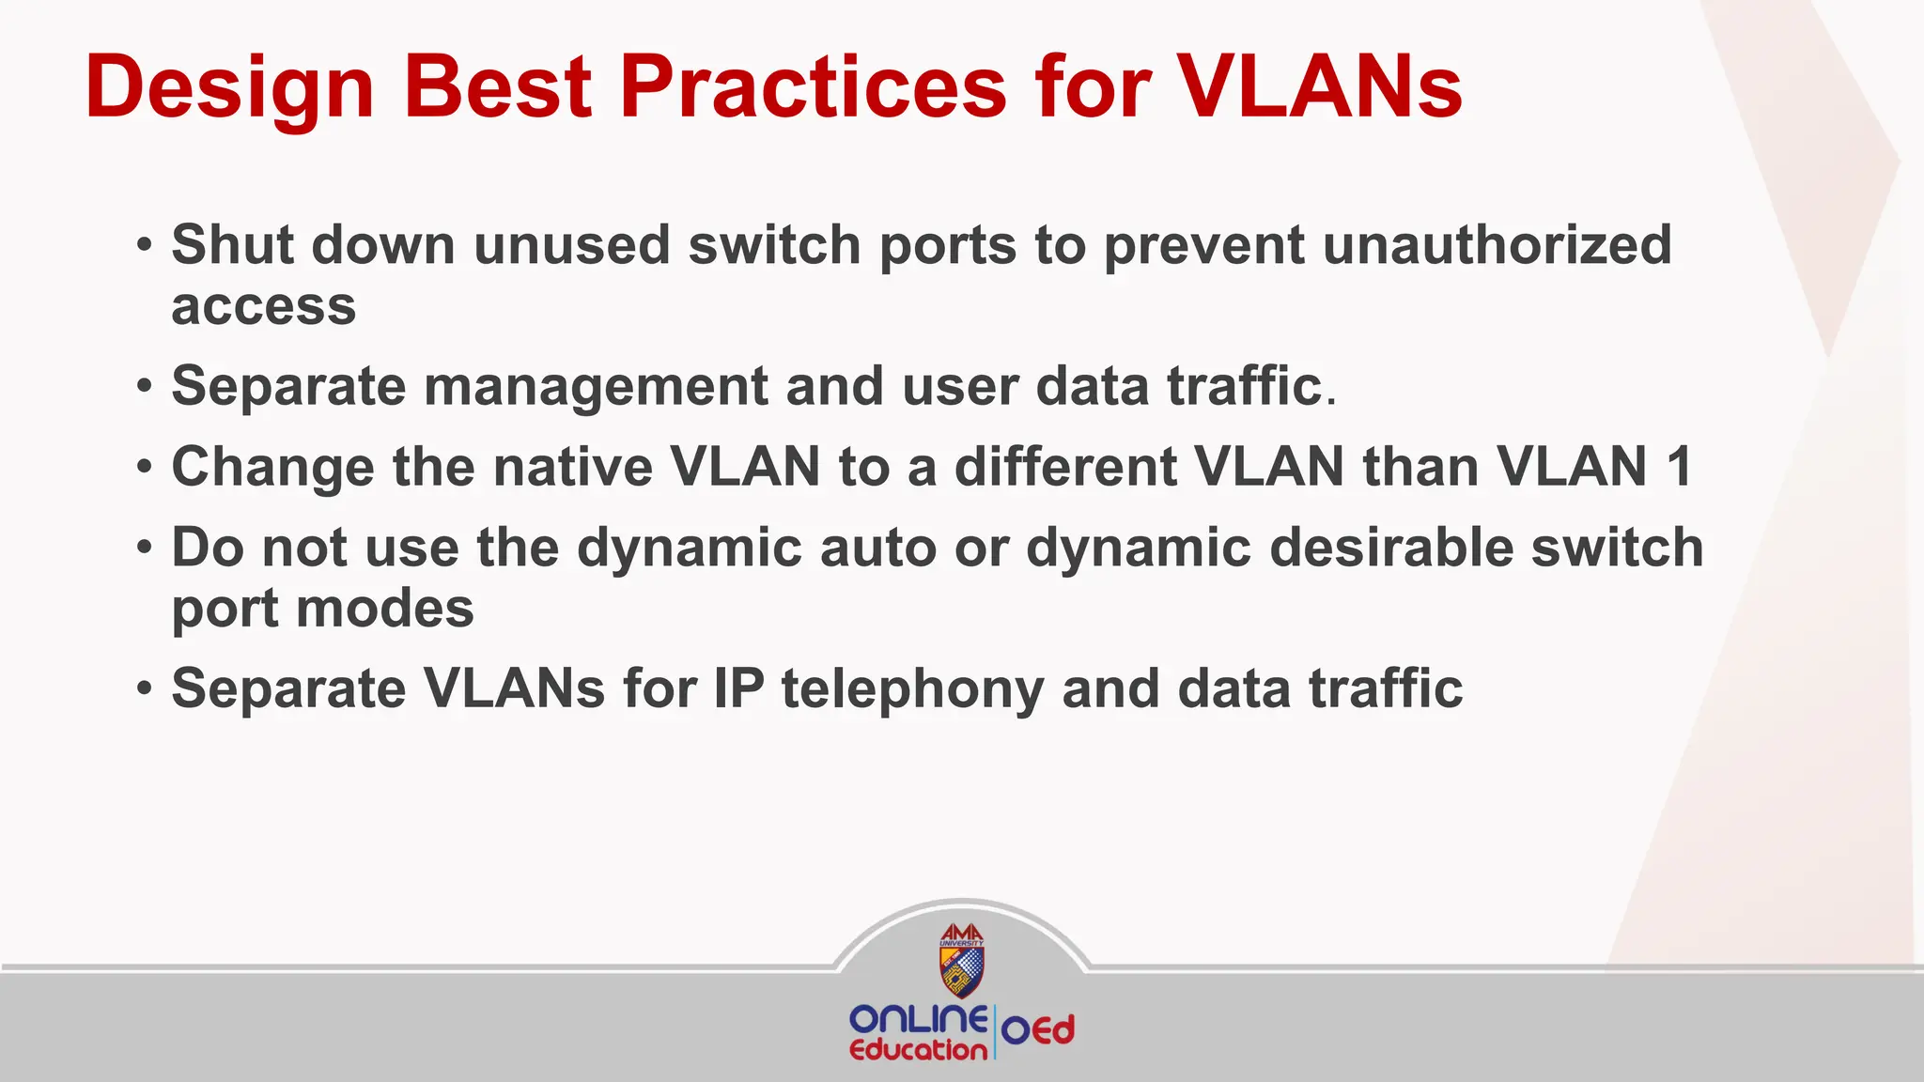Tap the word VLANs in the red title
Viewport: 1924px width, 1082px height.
[1320, 87]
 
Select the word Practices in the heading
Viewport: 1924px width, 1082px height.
[814, 87]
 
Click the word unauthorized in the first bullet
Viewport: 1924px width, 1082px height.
[1497, 245]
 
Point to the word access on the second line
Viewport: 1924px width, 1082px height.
[264, 307]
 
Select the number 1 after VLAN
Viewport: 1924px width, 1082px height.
[1679, 467]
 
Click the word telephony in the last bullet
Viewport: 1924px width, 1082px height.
[912, 689]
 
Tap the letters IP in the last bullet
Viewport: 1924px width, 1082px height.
[738, 689]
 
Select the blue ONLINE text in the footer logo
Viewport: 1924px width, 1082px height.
[918, 1019]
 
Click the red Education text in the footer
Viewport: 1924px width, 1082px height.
[918, 1050]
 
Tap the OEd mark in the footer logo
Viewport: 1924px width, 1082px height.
[1038, 1031]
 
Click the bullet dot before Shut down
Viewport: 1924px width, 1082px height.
[144, 247]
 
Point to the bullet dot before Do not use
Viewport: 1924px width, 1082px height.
[144, 549]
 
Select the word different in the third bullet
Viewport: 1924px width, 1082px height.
[1065, 467]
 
